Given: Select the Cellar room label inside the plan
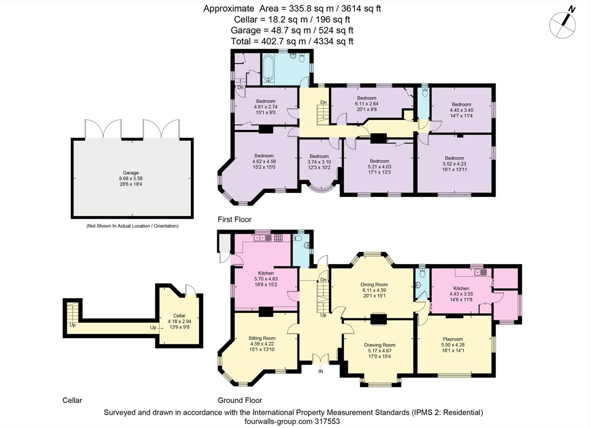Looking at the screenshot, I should (179, 315).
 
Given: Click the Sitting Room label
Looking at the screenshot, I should (262, 338).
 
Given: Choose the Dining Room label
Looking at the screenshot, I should (374, 284).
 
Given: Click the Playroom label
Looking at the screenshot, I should (453, 339).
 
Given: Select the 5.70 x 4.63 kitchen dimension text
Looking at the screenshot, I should (266, 278).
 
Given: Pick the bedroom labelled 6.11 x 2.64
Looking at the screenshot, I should (366, 104).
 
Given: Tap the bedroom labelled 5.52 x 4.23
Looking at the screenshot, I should (454, 163).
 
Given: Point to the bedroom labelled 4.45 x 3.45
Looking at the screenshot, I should (461, 110).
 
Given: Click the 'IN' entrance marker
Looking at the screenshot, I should (321, 371).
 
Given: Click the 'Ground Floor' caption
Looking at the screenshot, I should (240, 400).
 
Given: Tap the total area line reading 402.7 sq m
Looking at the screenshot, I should (292, 41).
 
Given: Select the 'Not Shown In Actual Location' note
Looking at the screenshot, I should (132, 226).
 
